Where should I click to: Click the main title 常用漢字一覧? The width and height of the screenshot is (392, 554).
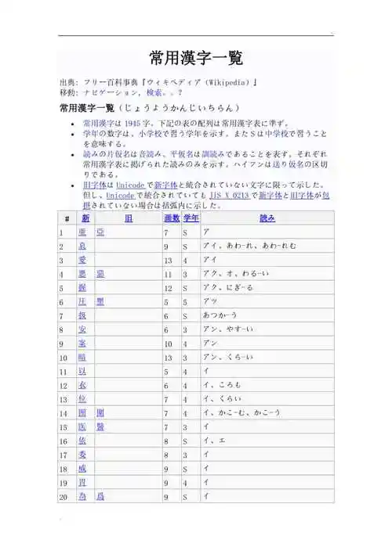pyautogui.click(x=195, y=58)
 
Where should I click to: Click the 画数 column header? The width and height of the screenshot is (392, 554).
pyautogui.click(x=171, y=218)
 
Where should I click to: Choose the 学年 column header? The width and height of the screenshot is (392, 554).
pyautogui.click(x=191, y=218)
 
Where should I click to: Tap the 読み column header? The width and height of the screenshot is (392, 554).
pyautogui.click(x=267, y=218)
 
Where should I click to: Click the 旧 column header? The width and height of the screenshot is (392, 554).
pyautogui.click(x=128, y=218)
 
